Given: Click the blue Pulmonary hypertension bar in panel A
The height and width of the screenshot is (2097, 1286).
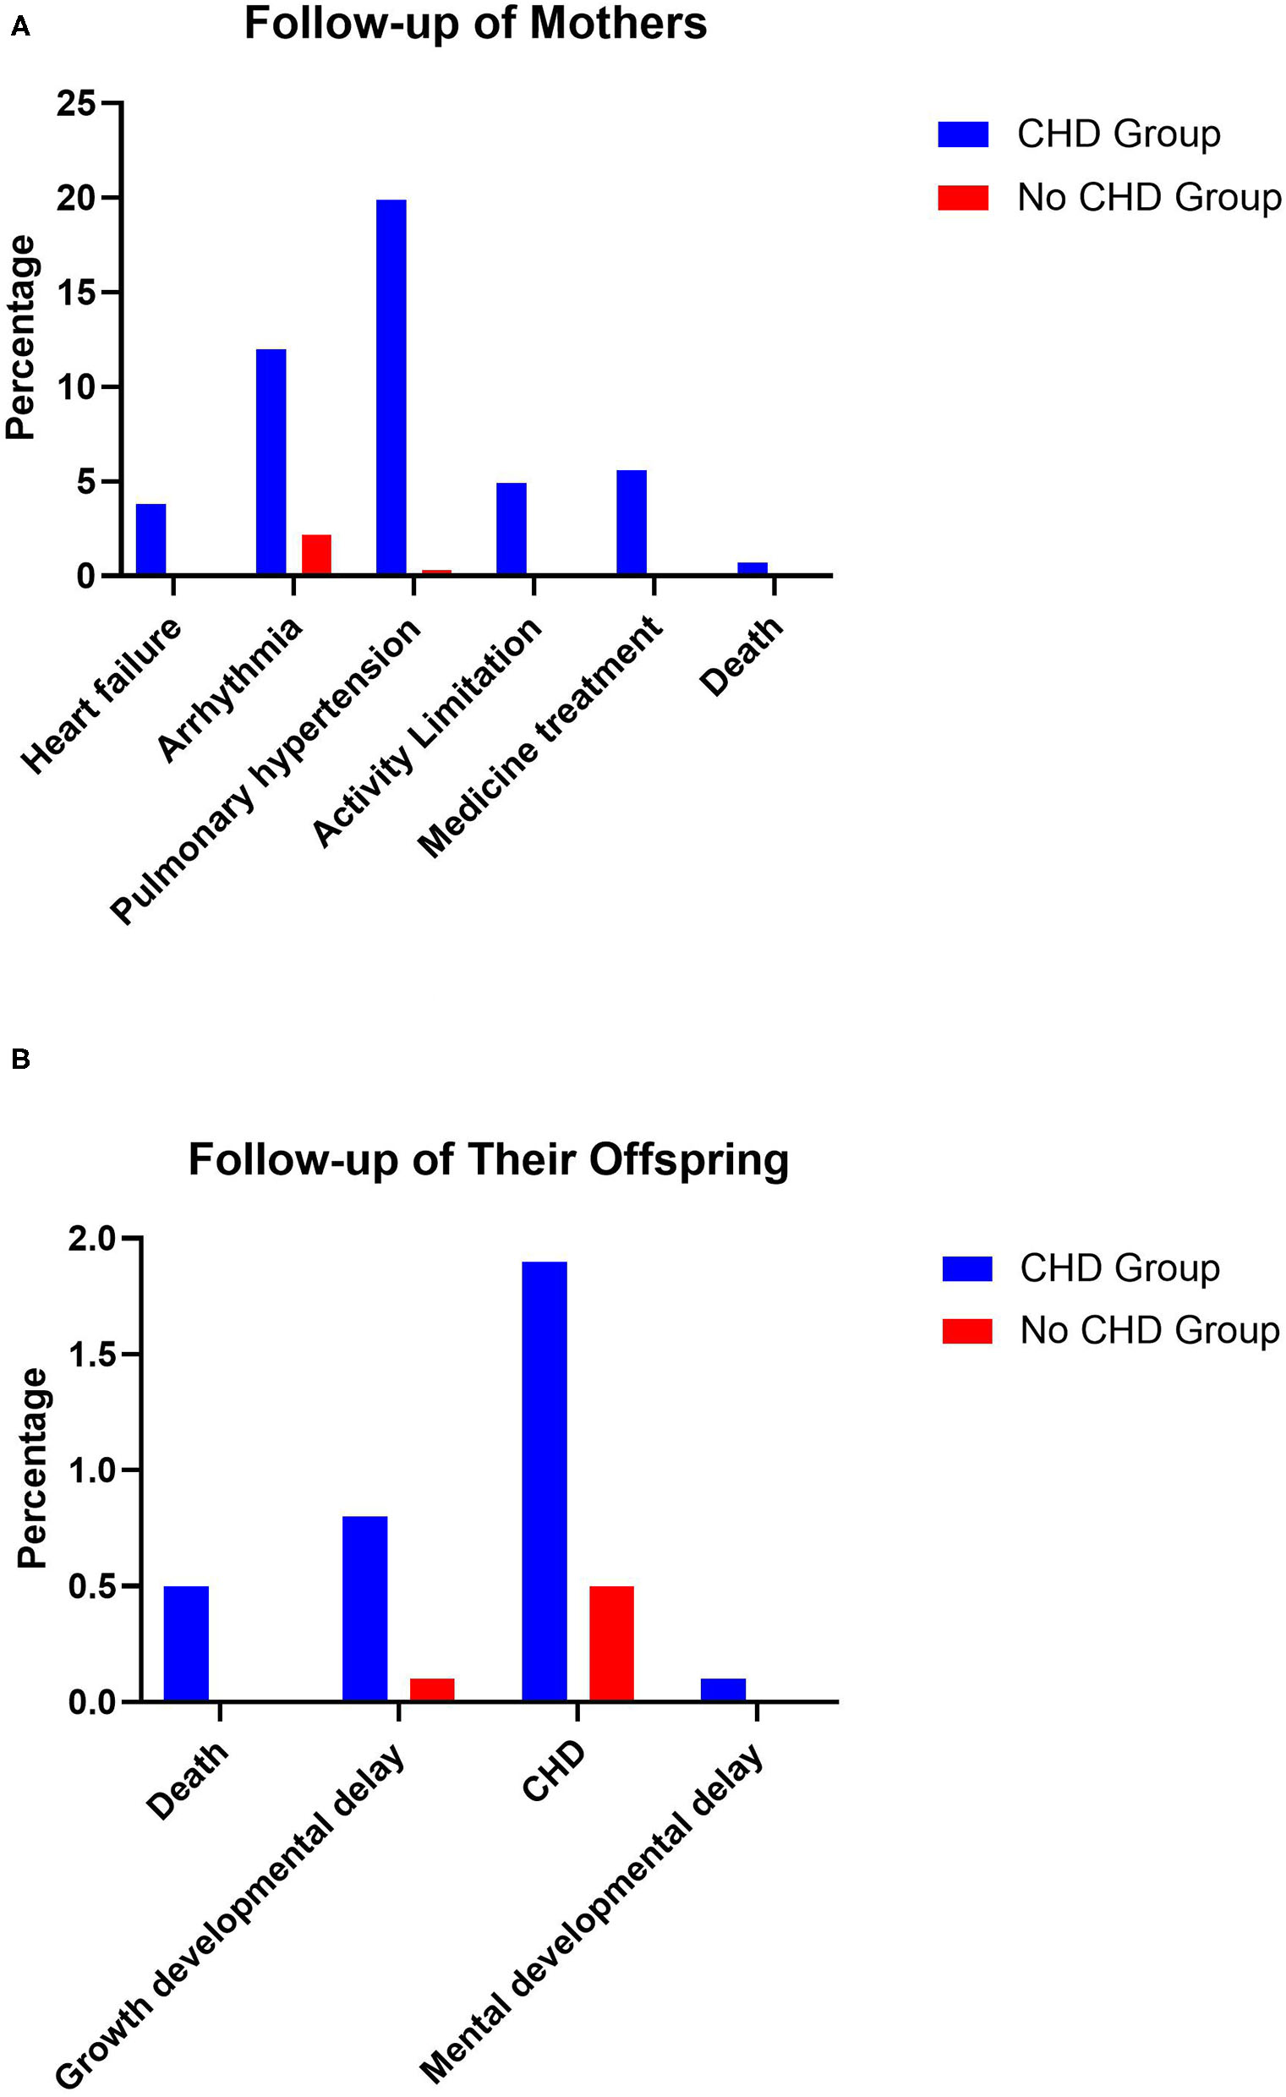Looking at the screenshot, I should [x=391, y=387].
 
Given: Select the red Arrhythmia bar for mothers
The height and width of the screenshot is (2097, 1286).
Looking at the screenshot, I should [x=315, y=555].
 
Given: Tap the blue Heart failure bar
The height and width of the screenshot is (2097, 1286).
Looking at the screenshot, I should [x=150, y=539].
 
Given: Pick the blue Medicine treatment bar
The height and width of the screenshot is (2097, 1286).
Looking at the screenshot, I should [x=631, y=523].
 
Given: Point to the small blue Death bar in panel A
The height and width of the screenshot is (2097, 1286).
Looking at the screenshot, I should [x=752, y=568].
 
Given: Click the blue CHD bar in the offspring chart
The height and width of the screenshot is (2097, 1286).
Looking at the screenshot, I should [x=544, y=1481].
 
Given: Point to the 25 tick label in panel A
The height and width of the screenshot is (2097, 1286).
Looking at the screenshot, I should [x=77, y=105].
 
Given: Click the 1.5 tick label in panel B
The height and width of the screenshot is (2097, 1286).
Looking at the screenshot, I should [x=90, y=1355].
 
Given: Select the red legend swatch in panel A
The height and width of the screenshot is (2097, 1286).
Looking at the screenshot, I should [x=962, y=198].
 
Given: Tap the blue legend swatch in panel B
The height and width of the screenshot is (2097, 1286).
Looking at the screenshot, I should [x=967, y=1268].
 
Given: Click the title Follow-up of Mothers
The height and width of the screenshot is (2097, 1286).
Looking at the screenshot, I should [x=475, y=23].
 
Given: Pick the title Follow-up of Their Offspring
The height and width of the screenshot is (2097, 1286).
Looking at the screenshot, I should [x=489, y=1159].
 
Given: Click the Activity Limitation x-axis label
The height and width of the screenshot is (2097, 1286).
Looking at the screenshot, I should [x=428, y=732].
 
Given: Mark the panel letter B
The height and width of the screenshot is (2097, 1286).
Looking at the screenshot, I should [x=20, y=1059].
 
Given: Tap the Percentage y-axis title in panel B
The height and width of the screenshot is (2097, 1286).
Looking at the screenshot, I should [x=32, y=1468].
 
